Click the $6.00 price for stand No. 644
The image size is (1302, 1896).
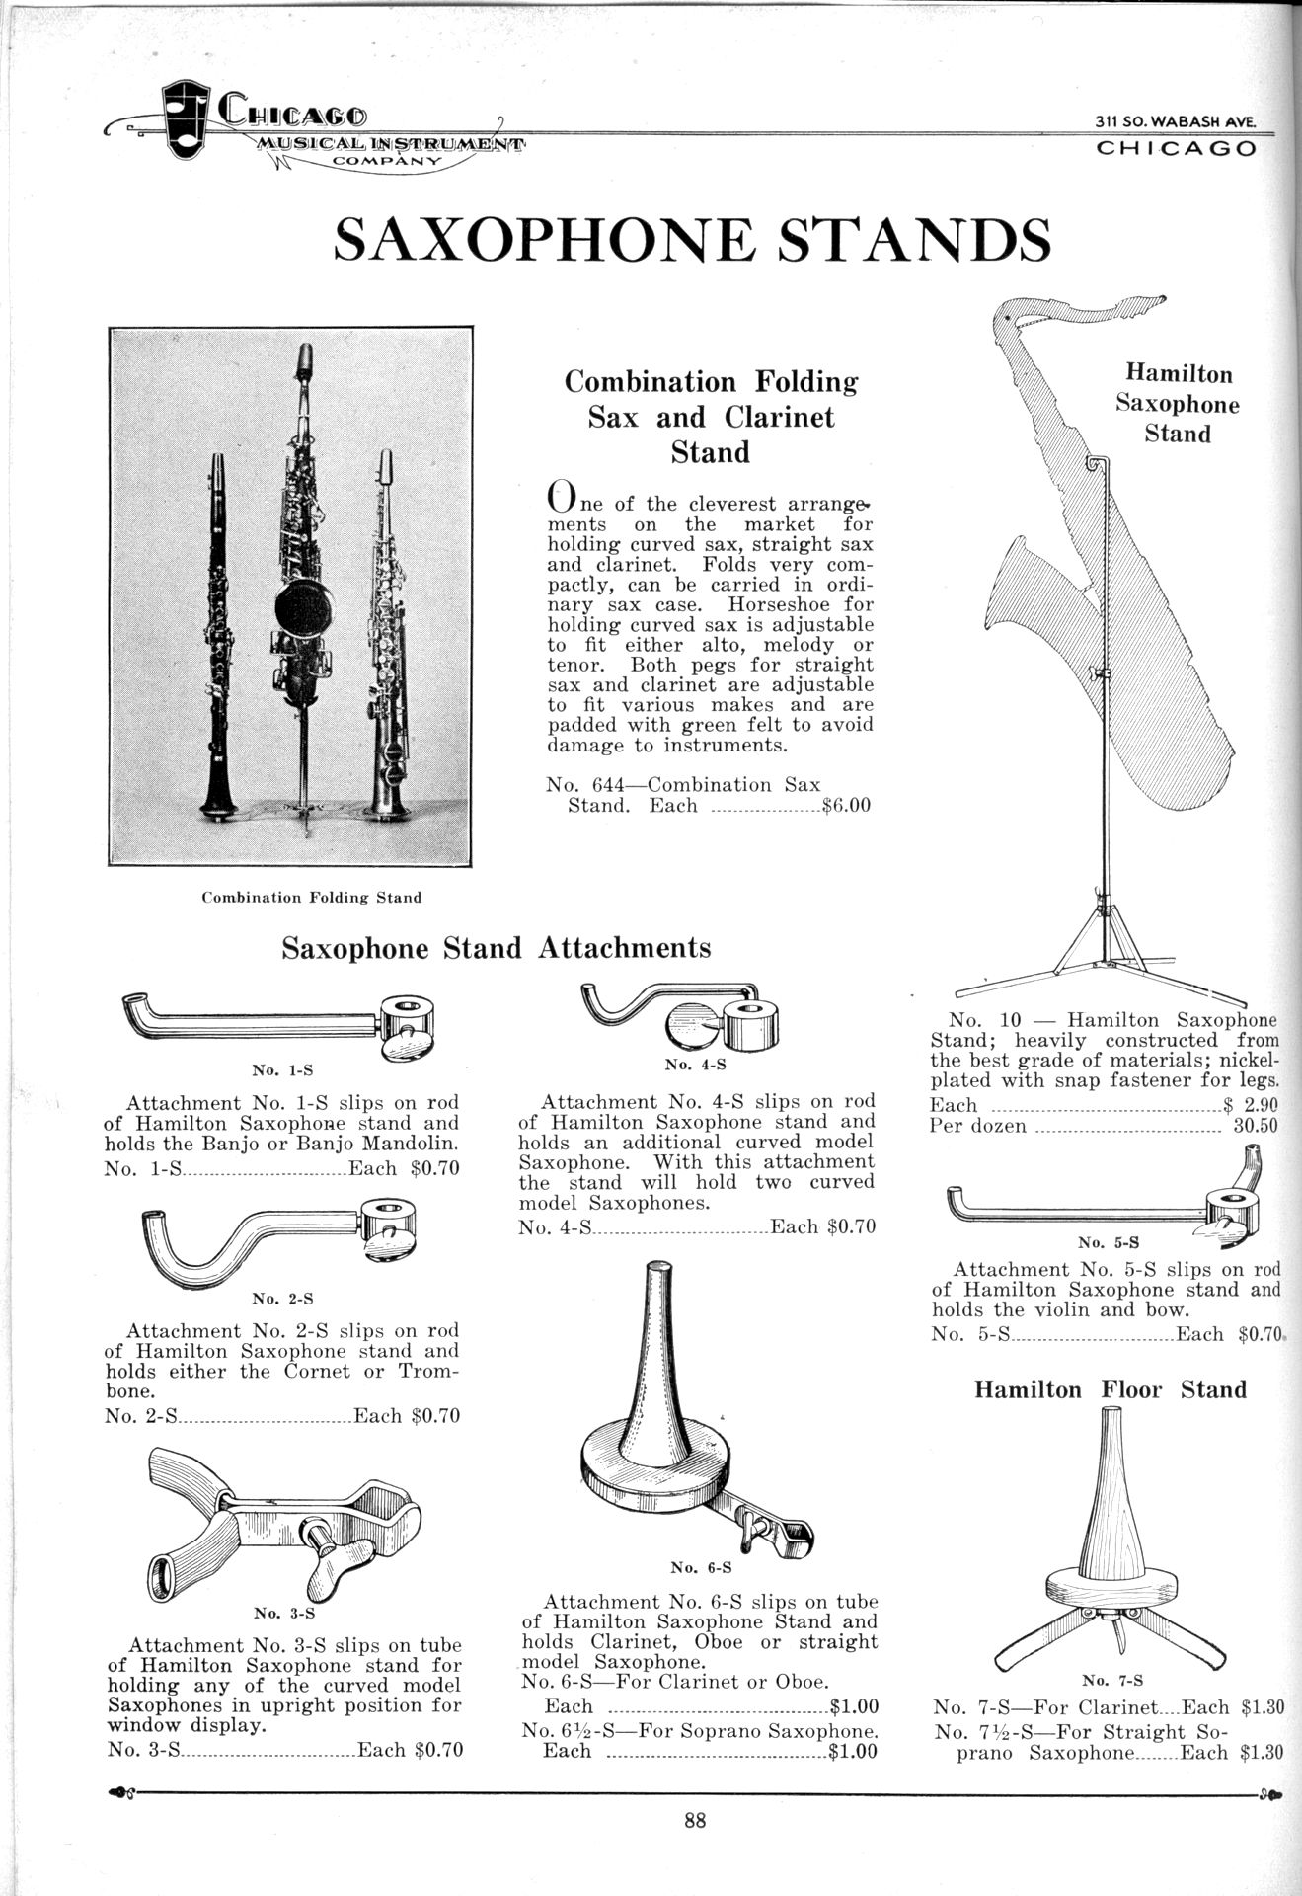point(847,805)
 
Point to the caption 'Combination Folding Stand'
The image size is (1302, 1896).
point(311,898)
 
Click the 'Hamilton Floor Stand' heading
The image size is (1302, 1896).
point(1111,1389)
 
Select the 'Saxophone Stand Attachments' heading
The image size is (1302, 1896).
point(496,948)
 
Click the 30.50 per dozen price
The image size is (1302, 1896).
point(1256,1126)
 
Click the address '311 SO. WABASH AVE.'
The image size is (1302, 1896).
point(1175,121)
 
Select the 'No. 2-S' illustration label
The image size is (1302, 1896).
point(282,1298)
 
